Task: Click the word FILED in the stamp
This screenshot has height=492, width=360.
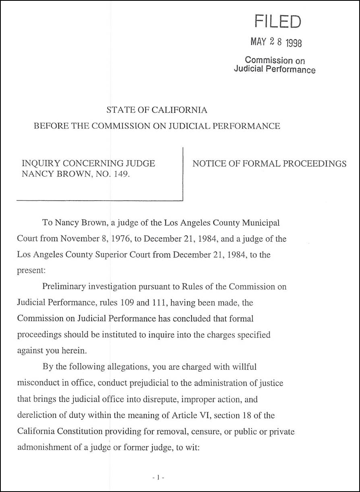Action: [277, 21]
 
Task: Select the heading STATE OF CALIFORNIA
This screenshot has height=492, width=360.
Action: [157, 110]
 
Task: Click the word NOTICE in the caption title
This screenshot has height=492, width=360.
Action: [207, 163]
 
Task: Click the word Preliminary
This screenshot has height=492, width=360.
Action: [66, 287]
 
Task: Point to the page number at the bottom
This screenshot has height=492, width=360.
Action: [159, 478]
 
